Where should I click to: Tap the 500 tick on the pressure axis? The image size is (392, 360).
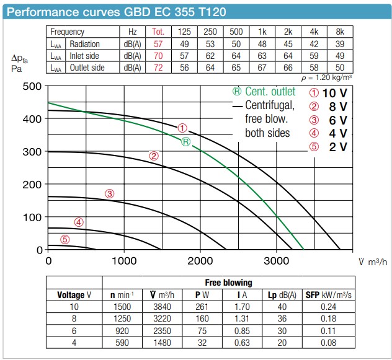click(x=32, y=86)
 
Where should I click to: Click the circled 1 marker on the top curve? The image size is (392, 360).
click(x=182, y=128)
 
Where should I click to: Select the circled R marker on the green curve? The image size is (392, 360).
click(x=185, y=142)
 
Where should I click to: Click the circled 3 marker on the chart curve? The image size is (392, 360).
click(x=110, y=193)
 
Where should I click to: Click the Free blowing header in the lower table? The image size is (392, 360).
click(x=227, y=283)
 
